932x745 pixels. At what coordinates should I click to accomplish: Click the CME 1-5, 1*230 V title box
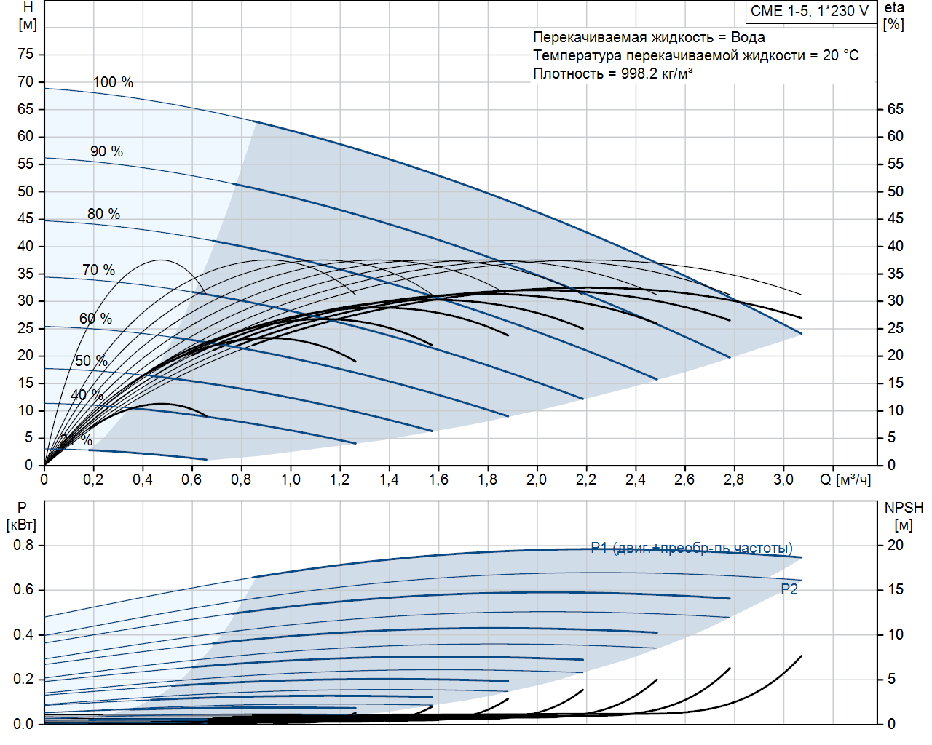tap(810, 11)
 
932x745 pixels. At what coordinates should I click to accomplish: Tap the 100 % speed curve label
tap(113, 82)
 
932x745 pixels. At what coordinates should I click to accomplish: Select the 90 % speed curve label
tap(106, 151)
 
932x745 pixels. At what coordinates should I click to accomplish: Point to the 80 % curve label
tap(103, 214)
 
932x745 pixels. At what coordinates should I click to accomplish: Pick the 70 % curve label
tap(98, 270)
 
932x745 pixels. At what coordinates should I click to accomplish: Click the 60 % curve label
tap(95, 319)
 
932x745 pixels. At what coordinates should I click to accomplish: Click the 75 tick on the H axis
tap(25, 55)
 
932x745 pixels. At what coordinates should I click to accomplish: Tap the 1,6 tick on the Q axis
tap(438, 479)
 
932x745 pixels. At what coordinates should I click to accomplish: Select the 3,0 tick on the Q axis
tap(783, 479)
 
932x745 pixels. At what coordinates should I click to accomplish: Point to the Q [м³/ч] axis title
tap(845, 479)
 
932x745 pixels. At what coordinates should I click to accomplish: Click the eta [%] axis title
tap(894, 15)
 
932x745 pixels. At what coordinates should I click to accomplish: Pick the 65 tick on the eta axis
tap(895, 109)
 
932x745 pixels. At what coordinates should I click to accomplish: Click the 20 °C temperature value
tap(841, 55)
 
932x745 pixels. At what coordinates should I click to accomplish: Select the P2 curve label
tap(789, 589)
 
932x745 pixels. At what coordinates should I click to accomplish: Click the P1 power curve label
tap(692, 548)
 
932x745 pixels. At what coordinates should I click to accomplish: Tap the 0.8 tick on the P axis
tap(23, 545)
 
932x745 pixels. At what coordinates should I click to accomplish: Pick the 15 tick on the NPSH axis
tap(895, 589)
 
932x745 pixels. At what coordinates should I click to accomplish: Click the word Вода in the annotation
tap(748, 37)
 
